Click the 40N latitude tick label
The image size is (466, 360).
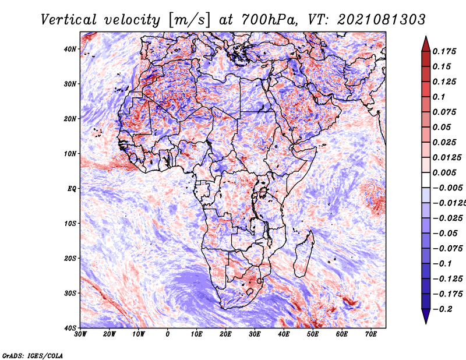pyautogui.click(x=70, y=49)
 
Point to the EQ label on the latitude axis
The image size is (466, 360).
pyautogui.click(x=72, y=189)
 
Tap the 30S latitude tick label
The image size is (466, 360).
pyautogui.click(x=70, y=293)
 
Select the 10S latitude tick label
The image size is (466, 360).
pyautogui.click(x=70, y=223)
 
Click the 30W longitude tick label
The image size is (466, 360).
pyautogui.click(x=80, y=334)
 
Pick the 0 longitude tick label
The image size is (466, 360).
pyautogui.click(x=168, y=334)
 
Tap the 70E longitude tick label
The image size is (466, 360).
pyautogui.click(x=371, y=334)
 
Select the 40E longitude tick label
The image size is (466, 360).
pyautogui.click(x=284, y=334)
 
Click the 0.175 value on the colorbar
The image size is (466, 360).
pyautogui.click(x=444, y=51)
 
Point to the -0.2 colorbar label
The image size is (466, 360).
pyautogui.click(x=442, y=309)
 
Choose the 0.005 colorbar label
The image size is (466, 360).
pyautogui.click(x=444, y=172)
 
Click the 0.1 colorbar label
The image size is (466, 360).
pyautogui.click(x=439, y=97)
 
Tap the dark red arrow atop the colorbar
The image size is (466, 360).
pyautogui.click(x=426, y=44)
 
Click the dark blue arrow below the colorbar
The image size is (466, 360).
pyautogui.click(x=426, y=316)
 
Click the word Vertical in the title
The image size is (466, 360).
pyautogui.click(x=68, y=20)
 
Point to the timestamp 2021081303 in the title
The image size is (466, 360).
pyautogui.click(x=382, y=20)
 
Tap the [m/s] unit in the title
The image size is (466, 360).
pyautogui.click(x=189, y=20)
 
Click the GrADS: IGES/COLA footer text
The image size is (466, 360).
pyautogui.click(x=33, y=355)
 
